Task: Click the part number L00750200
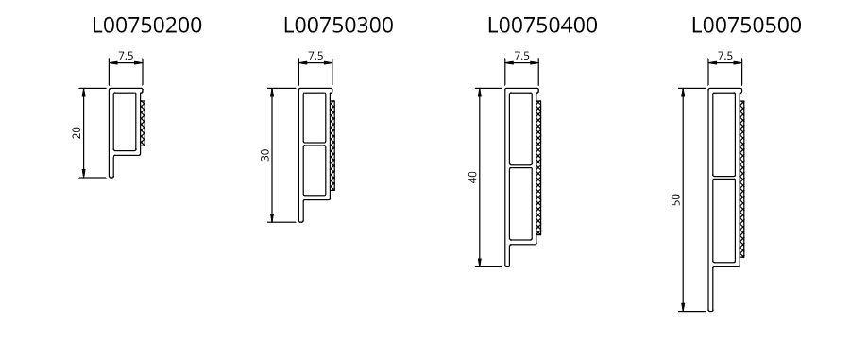(147, 26)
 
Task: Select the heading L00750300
(339, 26)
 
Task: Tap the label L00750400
(543, 26)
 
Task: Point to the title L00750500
(746, 26)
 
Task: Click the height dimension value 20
(77, 132)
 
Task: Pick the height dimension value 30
(264, 155)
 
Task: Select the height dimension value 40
(472, 177)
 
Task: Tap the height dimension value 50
(675, 199)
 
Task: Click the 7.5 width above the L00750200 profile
(126, 56)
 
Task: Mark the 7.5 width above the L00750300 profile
(315, 56)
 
